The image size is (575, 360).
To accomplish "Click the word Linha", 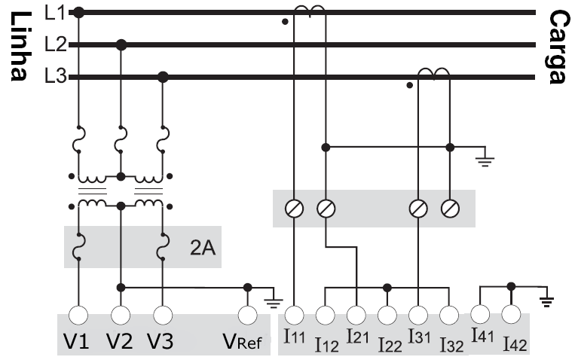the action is tap(20, 46).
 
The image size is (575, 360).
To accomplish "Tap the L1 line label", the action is tap(55, 13).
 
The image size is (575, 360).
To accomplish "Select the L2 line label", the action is tap(56, 44).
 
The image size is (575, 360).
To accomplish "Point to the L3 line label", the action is tap(56, 77).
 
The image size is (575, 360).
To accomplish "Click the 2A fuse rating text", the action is tap(203, 248).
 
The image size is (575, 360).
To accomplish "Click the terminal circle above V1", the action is tap(78, 315).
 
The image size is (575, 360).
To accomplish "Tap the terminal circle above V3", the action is tap(163, 315).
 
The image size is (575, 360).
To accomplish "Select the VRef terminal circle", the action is tap(247, 315).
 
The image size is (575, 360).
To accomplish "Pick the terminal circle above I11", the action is tap(295, 315).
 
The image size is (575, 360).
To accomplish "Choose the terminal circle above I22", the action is tap(387, 315).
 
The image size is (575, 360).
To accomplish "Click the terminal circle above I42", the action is tap(511, 314).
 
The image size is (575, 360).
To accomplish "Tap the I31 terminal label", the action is tap(419, 337).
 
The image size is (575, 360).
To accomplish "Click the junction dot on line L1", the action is tap(78, 13).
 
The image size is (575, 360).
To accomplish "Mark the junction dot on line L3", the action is tap(163, 78).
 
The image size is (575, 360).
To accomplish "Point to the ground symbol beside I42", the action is tap(546, 302).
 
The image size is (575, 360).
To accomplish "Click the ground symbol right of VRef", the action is tap(274, 304).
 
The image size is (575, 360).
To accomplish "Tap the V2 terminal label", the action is tap(120, 341).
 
